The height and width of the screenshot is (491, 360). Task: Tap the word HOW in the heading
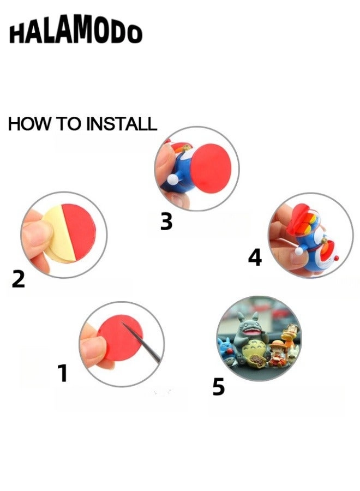pyautogui.click(x=28, y=123)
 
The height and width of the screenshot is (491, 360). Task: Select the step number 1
pyautogui.click(x=63, y=373)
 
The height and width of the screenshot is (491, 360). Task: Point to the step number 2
pyautogui.click(x=18, y=279)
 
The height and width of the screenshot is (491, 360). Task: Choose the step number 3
pyautogui.click(x=166, y=221)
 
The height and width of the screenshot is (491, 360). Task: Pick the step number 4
pyautogui.click(x=255, y=258)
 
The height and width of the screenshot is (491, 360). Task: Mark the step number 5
pyautogui.click(x=219, y=386)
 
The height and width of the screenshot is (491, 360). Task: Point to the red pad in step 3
pyautogui.click(x=211, y=169)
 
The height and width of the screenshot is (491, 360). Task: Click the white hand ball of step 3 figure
pyautogui.click(x=172, y=181)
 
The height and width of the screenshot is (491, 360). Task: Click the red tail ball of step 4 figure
pyautogui.click(x=337, y=259)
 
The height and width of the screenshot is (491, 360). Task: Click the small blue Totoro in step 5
pyautogui.click(x=226, y=351)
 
